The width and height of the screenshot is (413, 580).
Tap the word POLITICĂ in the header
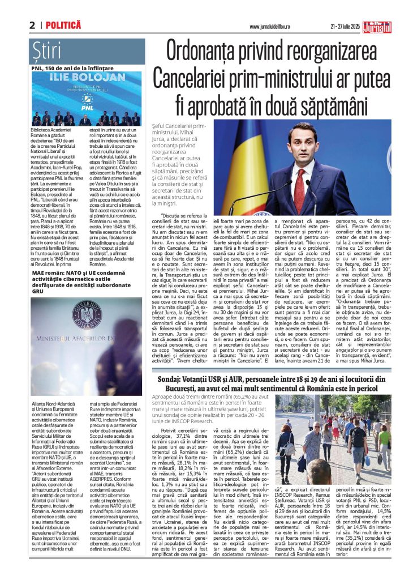(x=63, y=25)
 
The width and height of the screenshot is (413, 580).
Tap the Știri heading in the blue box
(x=46, y=52)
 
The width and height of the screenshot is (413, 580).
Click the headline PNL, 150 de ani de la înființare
(x=72, y=68)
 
